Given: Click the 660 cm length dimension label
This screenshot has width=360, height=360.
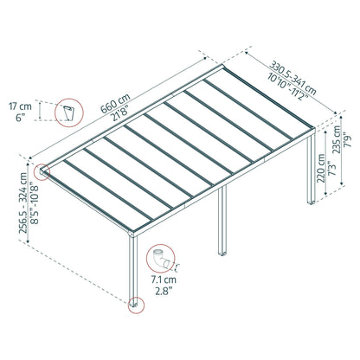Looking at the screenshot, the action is pos(115,103).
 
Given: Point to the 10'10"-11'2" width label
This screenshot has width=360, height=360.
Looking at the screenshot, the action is pos(287,87).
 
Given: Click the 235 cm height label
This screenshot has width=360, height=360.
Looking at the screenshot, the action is pos(337,139).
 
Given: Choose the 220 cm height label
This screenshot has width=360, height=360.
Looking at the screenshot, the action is pos(321,169).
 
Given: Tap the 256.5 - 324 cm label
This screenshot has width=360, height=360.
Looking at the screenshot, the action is pos(23,202).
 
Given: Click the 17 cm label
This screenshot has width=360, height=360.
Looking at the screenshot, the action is pos(20,106).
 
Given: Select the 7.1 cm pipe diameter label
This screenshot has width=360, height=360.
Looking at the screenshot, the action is pos(164,280).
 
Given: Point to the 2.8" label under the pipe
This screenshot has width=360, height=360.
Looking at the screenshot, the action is pos(164,291).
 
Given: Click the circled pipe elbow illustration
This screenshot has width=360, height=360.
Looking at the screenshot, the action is pos(160,259).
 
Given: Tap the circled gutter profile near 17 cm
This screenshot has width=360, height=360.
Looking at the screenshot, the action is pos(69,112).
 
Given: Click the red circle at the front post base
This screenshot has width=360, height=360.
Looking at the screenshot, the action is pos(136,305).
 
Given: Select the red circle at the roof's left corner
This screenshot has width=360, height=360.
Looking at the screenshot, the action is pos(42,172).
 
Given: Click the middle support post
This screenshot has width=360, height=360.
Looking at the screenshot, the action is pos(222,221).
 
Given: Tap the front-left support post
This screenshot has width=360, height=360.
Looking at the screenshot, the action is pos(133,272).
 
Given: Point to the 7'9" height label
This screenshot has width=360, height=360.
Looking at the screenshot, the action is pos(349,139).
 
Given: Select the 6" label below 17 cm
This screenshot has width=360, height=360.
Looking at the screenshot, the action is pos(19,118).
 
